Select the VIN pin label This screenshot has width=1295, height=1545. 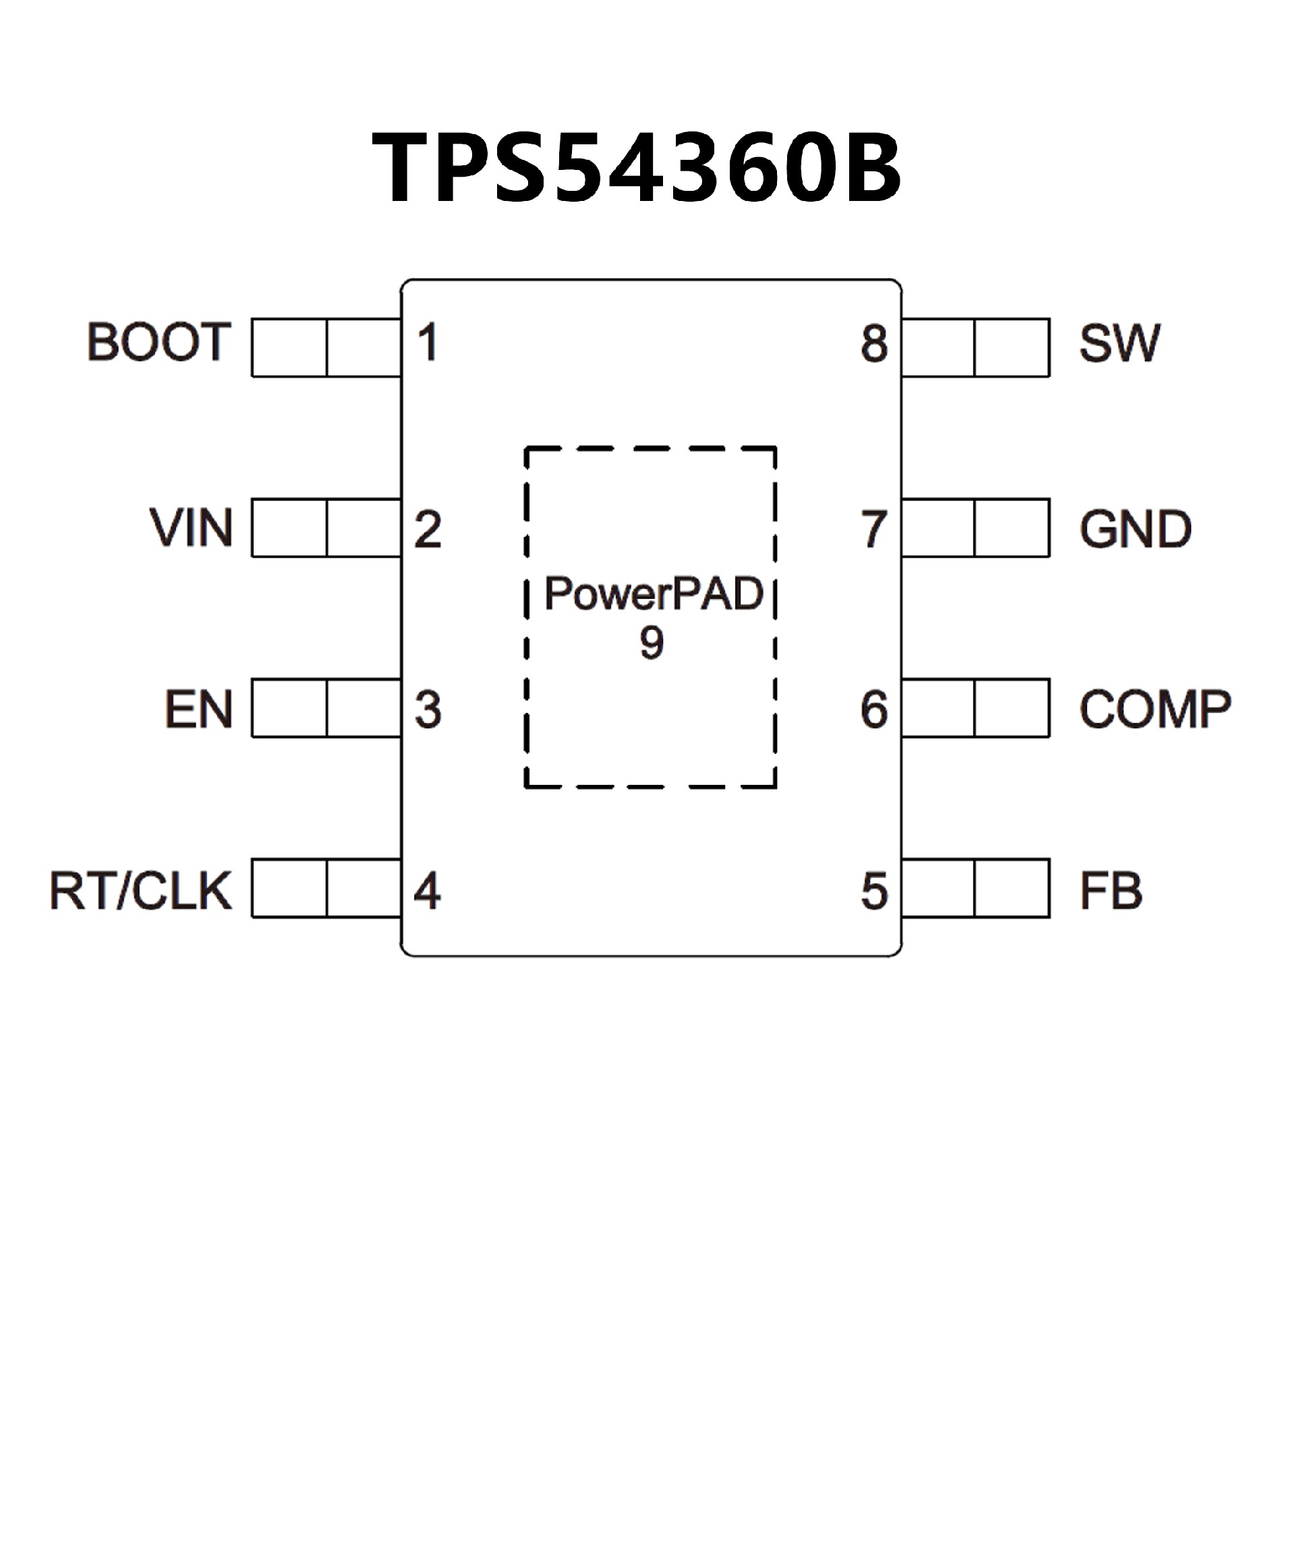(192, 528)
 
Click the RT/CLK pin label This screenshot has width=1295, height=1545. (140, 891)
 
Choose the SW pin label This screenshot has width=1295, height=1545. (1119, 343)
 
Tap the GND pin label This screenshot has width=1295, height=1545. (1134, 529)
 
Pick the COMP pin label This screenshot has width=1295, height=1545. (1155, 710)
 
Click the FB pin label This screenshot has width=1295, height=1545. (1110, 891)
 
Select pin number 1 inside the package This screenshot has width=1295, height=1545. (428, 343)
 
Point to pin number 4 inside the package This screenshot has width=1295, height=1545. (428, 891)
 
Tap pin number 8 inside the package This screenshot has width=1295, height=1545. (874, 343)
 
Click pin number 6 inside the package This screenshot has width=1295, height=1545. (874, 710)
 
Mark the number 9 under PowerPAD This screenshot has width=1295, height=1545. (651, 643)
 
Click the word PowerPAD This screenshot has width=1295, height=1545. (654, 593)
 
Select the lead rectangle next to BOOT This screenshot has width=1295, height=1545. (326, 347)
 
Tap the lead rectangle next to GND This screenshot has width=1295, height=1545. (975, 527)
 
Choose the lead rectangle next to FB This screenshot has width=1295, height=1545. (975, 888)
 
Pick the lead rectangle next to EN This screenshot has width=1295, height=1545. (326, 707)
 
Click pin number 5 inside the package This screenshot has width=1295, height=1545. (874, 892)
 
